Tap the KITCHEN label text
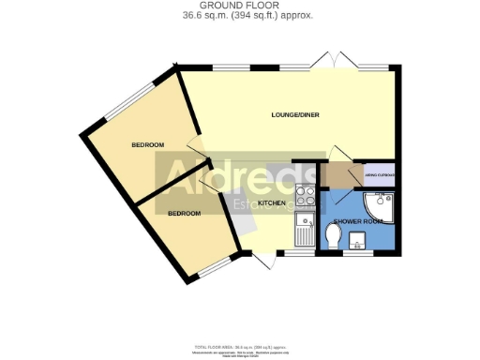point(272,203)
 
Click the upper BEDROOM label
point(147,144)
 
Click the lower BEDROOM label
point(184,214)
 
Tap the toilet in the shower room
point(332,234)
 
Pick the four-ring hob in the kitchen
point(306,197)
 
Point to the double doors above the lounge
point(334,62)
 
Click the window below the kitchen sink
point(301,253)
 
